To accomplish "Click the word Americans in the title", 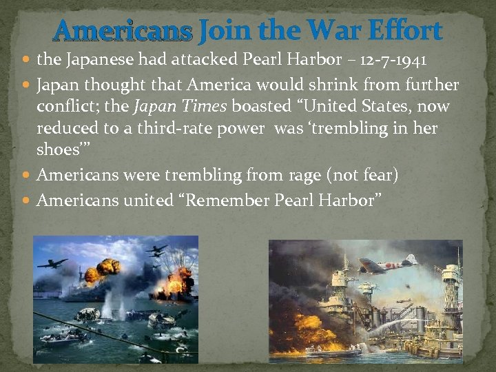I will click(x=123, y=31).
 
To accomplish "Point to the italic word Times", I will click(x=205, y=107).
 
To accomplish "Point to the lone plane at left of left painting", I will click(x=52, y=263).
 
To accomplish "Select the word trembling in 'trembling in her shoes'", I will click(x=358, y=129).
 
